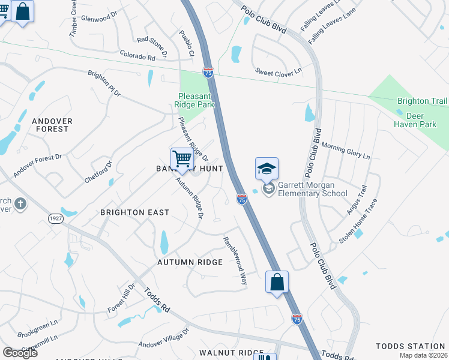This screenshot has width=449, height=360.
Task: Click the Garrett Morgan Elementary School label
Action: tap(312, 189)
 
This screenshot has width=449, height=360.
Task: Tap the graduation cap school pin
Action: tap(267, 169)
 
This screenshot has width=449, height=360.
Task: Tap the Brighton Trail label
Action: tap(422, 101)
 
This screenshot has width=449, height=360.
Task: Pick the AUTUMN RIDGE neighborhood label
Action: tap(190, 262)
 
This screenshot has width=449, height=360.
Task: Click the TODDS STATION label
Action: tap(411, 346)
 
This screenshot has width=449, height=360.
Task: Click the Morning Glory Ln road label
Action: tap(346, 151)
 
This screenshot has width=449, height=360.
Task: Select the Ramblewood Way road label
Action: tap(235, 260)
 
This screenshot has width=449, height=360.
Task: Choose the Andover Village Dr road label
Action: tap(164, 338)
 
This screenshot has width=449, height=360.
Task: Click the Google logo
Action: tap(20, 352)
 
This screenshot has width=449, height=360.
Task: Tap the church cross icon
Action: tap(20, 204)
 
